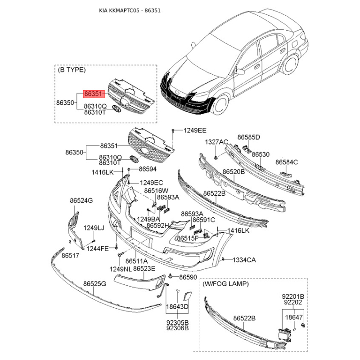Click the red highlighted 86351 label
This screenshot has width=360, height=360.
click(94, 94)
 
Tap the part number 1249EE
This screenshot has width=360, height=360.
click(195, 130)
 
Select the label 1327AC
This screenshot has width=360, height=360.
click(217, 142)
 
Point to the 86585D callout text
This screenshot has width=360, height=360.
click(249, 137)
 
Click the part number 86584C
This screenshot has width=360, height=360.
click(287, 162)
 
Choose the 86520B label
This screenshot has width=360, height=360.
click(234, 172)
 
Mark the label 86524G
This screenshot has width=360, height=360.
click(81, 200)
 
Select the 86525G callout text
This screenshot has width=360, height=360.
click(94, 284)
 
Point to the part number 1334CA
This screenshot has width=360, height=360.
click(244, 260)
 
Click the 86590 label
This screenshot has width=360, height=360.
click(188, 277)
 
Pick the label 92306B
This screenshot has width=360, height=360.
click(177, 328)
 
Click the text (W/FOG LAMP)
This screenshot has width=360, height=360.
click(225, 284)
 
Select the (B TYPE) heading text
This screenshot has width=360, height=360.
click(72, 70)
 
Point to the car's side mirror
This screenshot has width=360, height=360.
click(241, 72)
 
